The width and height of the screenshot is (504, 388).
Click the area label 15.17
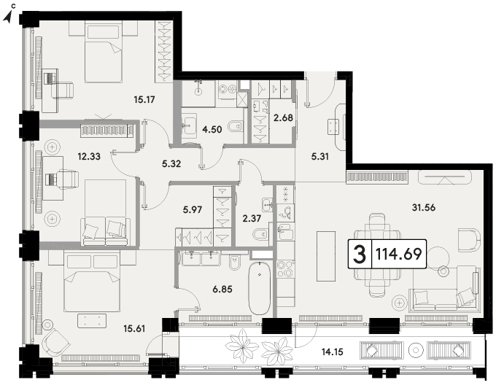(x=144, y=100)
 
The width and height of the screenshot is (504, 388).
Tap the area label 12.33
(x=89, y=157)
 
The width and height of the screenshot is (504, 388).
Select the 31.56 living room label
(x=424, y=208)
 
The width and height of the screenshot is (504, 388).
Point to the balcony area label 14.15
(x=333, y=352)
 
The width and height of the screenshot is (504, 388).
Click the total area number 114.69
(x=398, y=254)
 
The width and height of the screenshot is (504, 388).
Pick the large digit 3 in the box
(x=360, y=255)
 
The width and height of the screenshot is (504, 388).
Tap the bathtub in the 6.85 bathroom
(x=260, y=288)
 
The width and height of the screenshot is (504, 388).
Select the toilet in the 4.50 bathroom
(x=234, y=126)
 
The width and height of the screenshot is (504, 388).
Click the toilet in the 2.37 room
(x=260, y=235)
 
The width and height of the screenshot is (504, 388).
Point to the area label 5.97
(x=193, y=210)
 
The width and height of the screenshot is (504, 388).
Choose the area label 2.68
(x=283, y=118)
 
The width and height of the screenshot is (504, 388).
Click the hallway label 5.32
(x=171, y=164)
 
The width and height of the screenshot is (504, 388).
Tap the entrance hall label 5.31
(x=319, y=157)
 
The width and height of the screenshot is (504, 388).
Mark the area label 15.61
(x=134, y=328)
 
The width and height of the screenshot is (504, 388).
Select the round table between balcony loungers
(x=416, y=350)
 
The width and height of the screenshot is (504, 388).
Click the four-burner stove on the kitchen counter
(x=286, y=269)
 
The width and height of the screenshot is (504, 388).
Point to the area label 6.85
(x=222, y=290)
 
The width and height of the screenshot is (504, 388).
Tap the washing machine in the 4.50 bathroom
(x=228, y=89)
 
